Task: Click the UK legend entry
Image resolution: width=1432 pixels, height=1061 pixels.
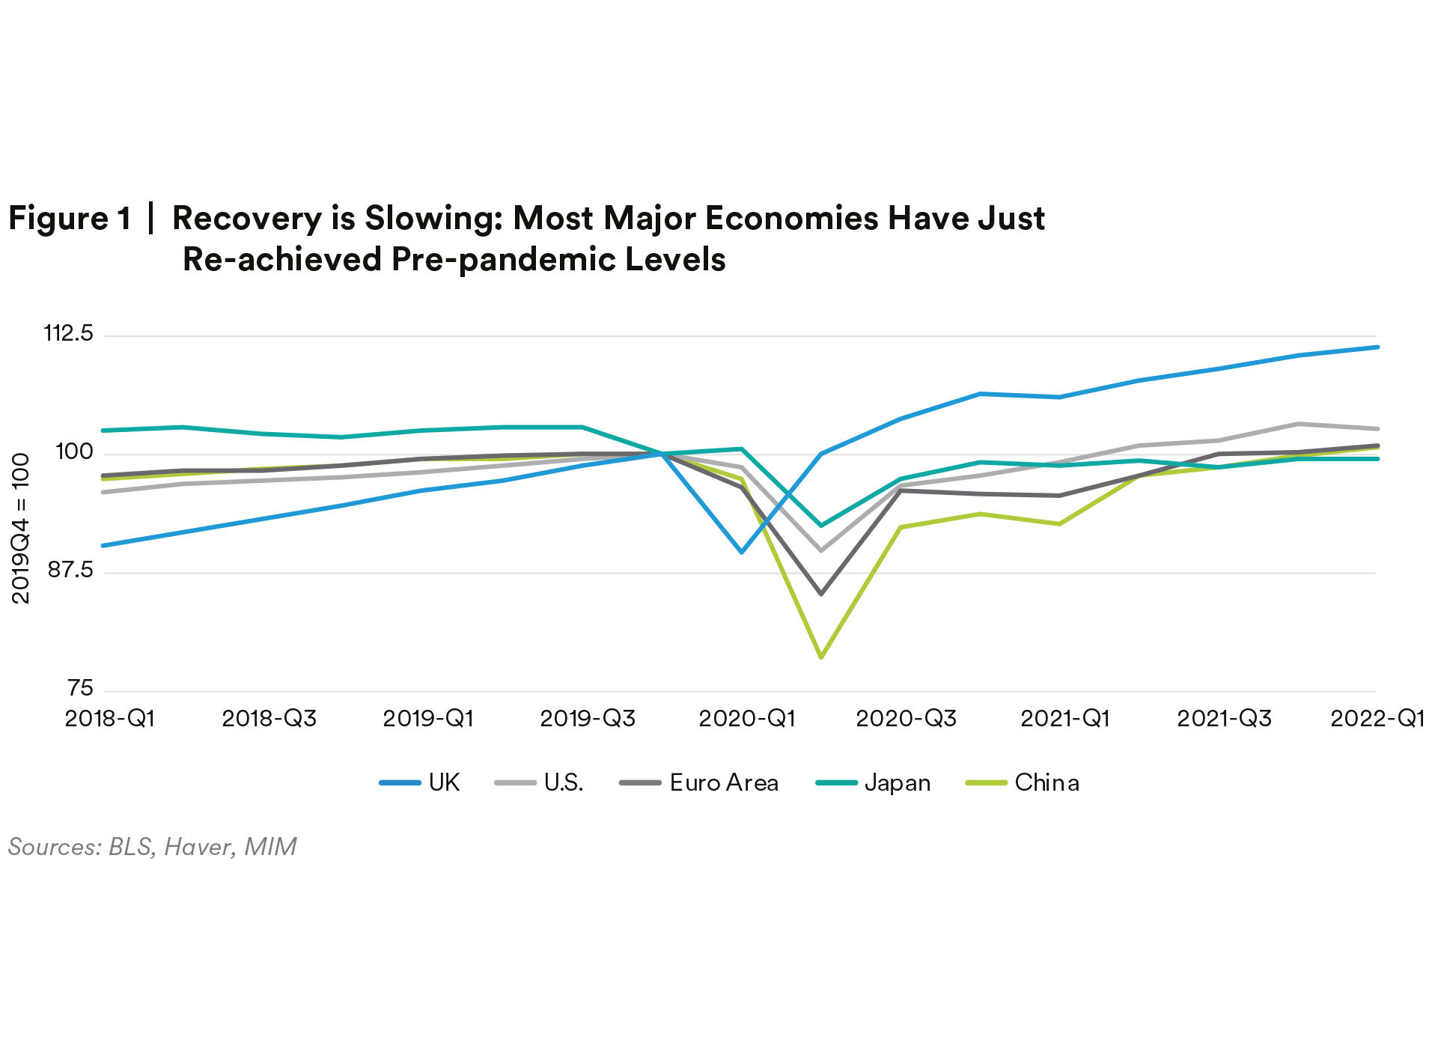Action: [x=420, y=783]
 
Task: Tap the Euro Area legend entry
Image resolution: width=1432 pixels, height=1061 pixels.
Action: [x=700, y=783]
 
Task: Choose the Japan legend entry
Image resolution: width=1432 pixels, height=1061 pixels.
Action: [x=874, y=783]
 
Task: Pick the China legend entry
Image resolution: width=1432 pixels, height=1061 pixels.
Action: [x=1023, y=783]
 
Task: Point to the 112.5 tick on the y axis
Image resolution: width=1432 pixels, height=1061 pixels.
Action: [x=69, y=333]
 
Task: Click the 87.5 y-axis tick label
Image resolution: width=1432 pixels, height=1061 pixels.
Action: [x=71, y=571]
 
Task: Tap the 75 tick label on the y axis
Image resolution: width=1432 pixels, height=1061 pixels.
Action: [x=80, y=689]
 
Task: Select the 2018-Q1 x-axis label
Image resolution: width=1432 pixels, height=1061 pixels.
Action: [x=110, y=719]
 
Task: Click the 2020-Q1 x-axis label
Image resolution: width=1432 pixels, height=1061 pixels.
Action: [x=746, y=719]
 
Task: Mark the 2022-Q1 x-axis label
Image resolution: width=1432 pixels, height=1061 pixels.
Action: [x=1377, y=719]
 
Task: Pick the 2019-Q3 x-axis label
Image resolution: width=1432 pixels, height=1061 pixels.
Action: [x=588, y=719]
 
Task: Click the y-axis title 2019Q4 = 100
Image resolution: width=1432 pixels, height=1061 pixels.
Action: [x=21, y=529]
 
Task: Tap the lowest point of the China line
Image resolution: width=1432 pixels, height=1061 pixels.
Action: [x=821, y=657]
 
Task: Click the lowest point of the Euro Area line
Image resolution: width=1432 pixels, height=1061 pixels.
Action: [x=821, y=593]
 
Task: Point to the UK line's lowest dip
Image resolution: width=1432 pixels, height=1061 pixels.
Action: [x=742, y=552]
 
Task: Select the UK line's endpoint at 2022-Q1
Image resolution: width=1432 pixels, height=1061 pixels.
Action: [x=1377, y=347]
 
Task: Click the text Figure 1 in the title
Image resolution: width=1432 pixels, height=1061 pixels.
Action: [x=70, y=219]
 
